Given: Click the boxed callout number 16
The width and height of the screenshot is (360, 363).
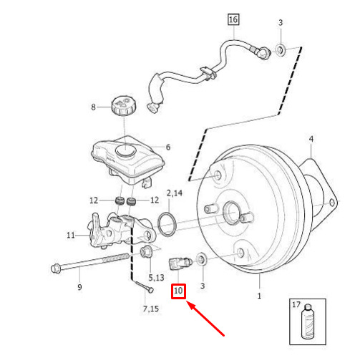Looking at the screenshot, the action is pos(233,19).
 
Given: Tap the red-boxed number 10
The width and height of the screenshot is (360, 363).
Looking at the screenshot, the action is pos(178,291).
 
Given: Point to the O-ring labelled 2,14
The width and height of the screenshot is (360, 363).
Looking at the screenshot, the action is pos(167,224).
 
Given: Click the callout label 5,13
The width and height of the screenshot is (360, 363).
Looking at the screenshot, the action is pos(156,277).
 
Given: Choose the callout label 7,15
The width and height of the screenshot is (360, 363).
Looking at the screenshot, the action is pos(151,309).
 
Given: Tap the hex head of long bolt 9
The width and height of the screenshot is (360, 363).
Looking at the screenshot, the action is pos(56,268).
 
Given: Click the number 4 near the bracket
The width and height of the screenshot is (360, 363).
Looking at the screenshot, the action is pos(311,139).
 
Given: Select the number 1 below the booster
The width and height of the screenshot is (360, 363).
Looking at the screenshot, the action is pos(259,296).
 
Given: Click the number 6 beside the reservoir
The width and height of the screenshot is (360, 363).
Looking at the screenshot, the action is pos(168,147).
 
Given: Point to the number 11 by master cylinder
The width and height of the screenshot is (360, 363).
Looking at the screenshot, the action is pos(71,236).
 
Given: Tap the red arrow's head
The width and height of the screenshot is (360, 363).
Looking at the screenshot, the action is pos(188,304).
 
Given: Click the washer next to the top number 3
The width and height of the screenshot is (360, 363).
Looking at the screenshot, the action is pos(281,50).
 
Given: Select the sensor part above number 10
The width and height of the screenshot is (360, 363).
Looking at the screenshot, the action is pos(180,263).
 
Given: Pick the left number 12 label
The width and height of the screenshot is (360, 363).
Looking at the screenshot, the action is pos(94,200).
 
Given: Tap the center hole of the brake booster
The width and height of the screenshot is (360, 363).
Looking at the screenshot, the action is pos(231,213).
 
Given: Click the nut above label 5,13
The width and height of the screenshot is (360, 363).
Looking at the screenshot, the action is pos(147,251).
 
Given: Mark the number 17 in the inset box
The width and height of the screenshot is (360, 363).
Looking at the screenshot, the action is pos(296,304).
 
